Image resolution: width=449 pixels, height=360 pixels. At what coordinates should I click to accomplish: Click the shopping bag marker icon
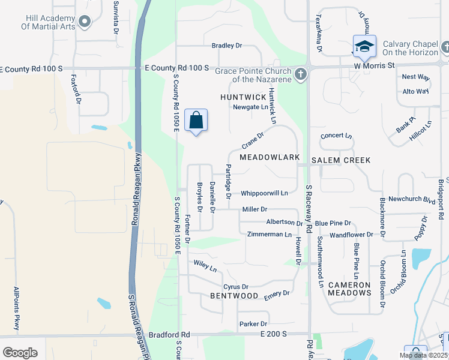[196, 121]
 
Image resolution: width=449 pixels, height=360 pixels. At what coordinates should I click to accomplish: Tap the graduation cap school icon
[364, 46]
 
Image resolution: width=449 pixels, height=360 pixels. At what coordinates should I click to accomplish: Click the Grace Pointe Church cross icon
[301, 75]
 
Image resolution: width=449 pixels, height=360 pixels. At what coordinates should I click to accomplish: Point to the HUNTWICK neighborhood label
[243, 97]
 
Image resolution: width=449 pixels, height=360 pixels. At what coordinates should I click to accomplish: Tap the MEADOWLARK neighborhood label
[270, 157]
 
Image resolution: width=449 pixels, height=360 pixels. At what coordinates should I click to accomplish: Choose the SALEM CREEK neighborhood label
[341, 160]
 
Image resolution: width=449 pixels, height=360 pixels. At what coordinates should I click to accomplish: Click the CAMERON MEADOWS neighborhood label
[349, 289]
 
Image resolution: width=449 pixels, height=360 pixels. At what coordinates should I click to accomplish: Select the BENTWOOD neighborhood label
[234, 296]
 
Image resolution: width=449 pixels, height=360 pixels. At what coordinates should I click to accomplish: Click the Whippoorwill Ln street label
[264, 193]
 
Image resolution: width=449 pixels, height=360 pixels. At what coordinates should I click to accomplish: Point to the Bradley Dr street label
[227, 46]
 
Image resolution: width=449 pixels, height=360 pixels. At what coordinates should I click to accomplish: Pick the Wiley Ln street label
[205, 266]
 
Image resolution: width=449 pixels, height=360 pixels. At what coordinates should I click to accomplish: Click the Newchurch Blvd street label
[411, 199]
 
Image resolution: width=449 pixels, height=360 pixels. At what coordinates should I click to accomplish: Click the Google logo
[20, 353]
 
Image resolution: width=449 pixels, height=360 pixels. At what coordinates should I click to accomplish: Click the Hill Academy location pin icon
[85, 23]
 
